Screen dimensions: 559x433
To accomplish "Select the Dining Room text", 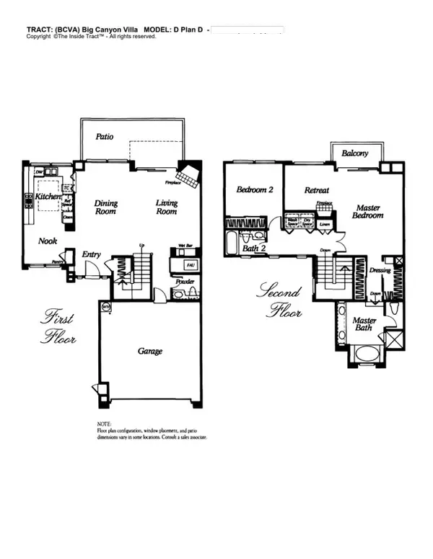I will (106, 207).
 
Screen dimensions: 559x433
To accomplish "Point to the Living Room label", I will (167, 207).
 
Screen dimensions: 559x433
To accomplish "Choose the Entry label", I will (91, 254).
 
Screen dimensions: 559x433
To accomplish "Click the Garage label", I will (150, 352).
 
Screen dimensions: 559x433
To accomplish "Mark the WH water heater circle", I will (105, 307).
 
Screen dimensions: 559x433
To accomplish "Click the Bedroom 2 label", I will (254, 190).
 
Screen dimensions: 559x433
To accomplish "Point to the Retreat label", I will (317, 190).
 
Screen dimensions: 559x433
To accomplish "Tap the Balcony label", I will (355, 153).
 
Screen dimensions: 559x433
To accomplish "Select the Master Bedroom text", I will (368, 212).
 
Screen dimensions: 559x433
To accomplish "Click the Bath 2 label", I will (253, 249).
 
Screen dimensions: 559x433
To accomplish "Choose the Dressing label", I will (380, 271).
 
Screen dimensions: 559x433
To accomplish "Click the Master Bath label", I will (364, 323).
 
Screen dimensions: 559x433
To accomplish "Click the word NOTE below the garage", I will (104, 424).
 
